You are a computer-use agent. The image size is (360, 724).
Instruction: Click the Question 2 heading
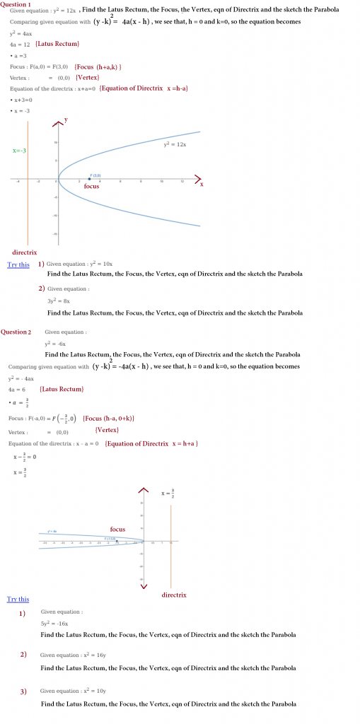point(16,332)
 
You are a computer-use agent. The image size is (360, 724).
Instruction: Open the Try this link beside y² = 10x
point(18,264)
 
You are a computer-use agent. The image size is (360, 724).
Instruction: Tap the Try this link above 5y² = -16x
point(18,600)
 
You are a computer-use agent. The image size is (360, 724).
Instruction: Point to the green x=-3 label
point(20,151)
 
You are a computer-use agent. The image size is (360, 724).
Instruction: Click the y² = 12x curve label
point(174,144)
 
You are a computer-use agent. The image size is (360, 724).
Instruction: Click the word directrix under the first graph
point(25,252)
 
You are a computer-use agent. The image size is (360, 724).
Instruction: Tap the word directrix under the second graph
point(174,595)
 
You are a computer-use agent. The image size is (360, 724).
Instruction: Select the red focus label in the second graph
point(117,529)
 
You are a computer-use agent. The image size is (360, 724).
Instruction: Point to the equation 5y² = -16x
point(54,624)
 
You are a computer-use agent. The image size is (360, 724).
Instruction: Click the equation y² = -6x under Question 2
point(54,343)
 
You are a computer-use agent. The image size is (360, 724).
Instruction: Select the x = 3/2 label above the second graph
point(168,493)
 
